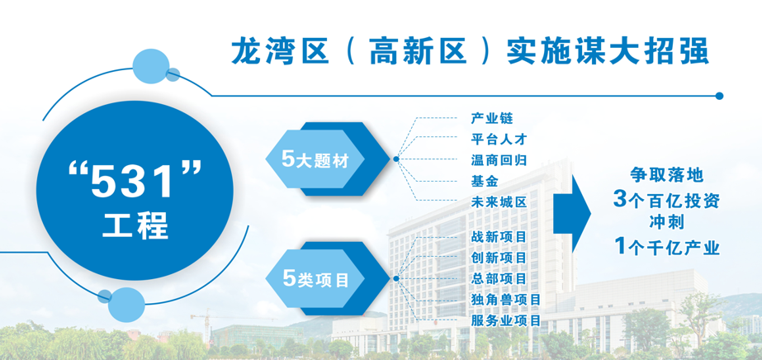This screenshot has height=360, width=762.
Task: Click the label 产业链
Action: click(x=492, y=118)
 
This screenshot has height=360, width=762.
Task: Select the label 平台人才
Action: click(x=499, y=139)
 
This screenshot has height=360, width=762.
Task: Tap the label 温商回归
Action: click(x=499, y=160)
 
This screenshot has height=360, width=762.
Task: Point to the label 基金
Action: click(x=485, y=181)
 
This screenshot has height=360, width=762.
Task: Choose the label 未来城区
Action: click(x=499, y=202)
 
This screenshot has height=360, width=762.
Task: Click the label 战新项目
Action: click(x=499, y=237)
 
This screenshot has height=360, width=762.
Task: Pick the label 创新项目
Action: click(x=499, y=258)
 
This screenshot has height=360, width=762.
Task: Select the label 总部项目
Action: click(x=499, y=279)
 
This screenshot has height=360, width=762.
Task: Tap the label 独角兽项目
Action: click(x=506, y=300)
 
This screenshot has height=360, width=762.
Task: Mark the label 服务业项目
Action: click(x=506, y=320)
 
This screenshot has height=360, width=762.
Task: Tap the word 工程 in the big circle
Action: click(x=135, y=225)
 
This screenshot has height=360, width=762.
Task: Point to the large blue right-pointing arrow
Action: click(x=572, y=213)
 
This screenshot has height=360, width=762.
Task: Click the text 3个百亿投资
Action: click(x=666, y=200)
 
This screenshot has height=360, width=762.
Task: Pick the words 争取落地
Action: click(x=667, y=174)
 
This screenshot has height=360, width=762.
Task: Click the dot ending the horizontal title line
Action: click(x=720, y=97)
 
